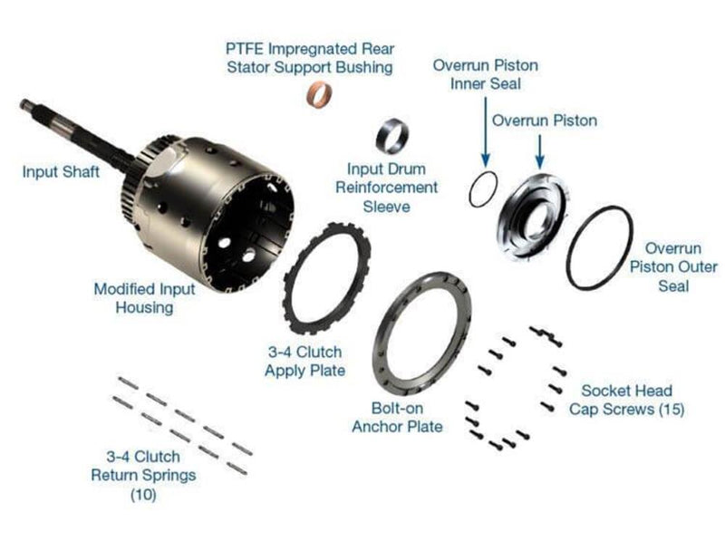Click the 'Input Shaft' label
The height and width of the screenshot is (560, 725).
62,170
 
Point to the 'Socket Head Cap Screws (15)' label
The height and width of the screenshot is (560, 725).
626,400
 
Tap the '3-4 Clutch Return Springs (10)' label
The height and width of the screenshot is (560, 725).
143,475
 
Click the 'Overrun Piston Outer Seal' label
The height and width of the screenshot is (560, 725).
675,266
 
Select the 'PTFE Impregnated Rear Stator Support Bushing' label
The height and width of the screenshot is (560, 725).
309,57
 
